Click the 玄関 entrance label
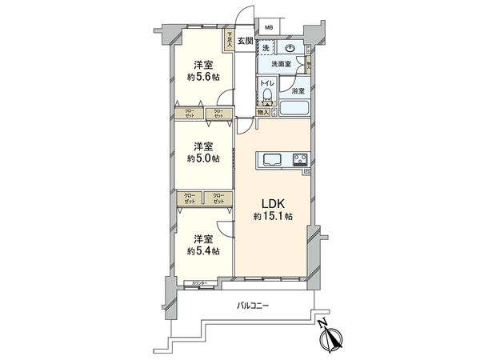245,42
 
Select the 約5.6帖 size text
202,78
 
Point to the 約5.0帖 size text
202,157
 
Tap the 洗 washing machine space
266,50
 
